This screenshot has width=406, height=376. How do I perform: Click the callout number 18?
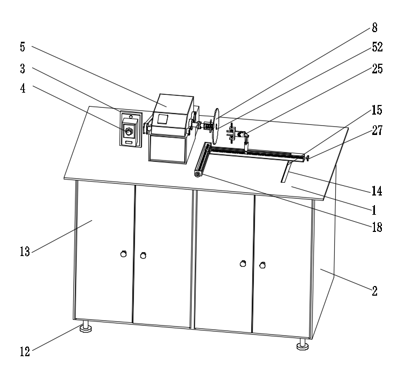tap(377, 226)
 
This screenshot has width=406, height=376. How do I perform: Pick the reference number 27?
tap(377, 131)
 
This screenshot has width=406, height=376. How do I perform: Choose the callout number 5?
tap(22, 46)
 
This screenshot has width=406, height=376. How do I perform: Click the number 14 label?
tap(377, 191)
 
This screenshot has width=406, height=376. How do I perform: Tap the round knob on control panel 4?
tap(129, 131)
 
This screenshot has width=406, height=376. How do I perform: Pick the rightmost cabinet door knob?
tap(262, 264)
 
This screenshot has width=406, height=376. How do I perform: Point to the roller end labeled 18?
tap(199, 174)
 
